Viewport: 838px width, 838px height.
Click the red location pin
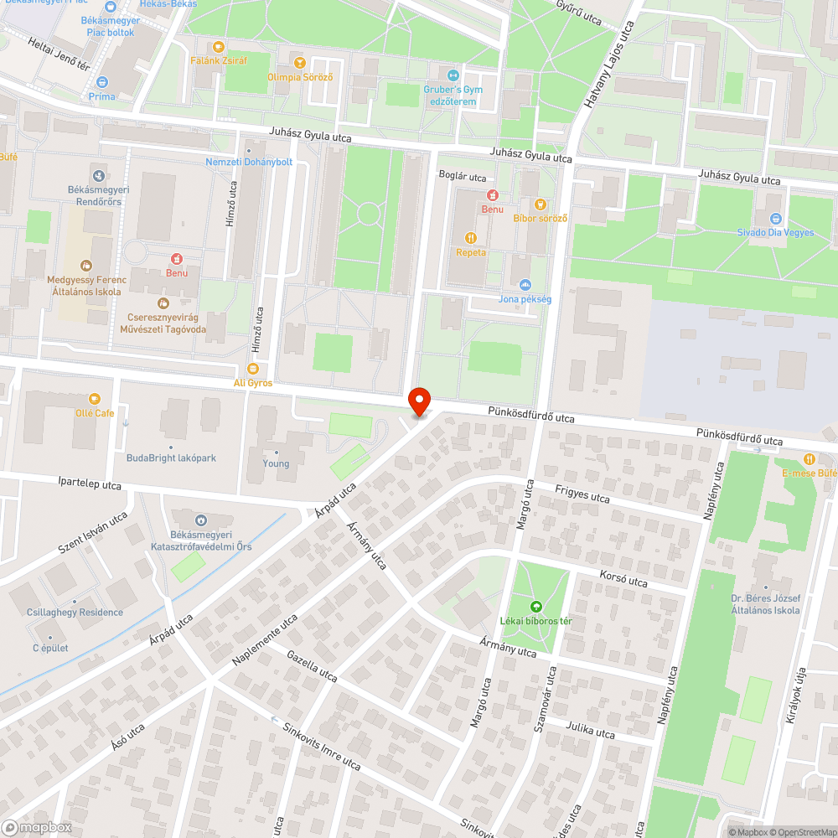tap(418, 401)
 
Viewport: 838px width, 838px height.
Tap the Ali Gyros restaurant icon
tap(252, 369)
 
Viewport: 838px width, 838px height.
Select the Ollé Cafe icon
tap(94, 399)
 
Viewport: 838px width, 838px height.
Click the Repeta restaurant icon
tap(470, 238)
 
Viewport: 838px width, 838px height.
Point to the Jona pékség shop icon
tap(525, 285)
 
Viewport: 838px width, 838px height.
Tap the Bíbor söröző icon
tap(541, 204)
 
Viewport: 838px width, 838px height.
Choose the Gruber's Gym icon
tap(453, 75)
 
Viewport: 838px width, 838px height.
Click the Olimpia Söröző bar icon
tap(300, 62)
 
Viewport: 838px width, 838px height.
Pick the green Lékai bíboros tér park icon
tap(536, 607)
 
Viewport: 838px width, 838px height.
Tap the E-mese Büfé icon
tap(809, 458)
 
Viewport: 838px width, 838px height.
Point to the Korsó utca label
tap(623, 578)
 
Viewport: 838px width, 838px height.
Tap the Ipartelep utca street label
tap(90, 485)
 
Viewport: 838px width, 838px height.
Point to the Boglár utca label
tap(463, 177)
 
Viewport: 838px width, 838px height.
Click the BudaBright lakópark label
tap(171, 458)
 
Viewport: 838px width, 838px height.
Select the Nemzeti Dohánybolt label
tap(249, 162)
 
